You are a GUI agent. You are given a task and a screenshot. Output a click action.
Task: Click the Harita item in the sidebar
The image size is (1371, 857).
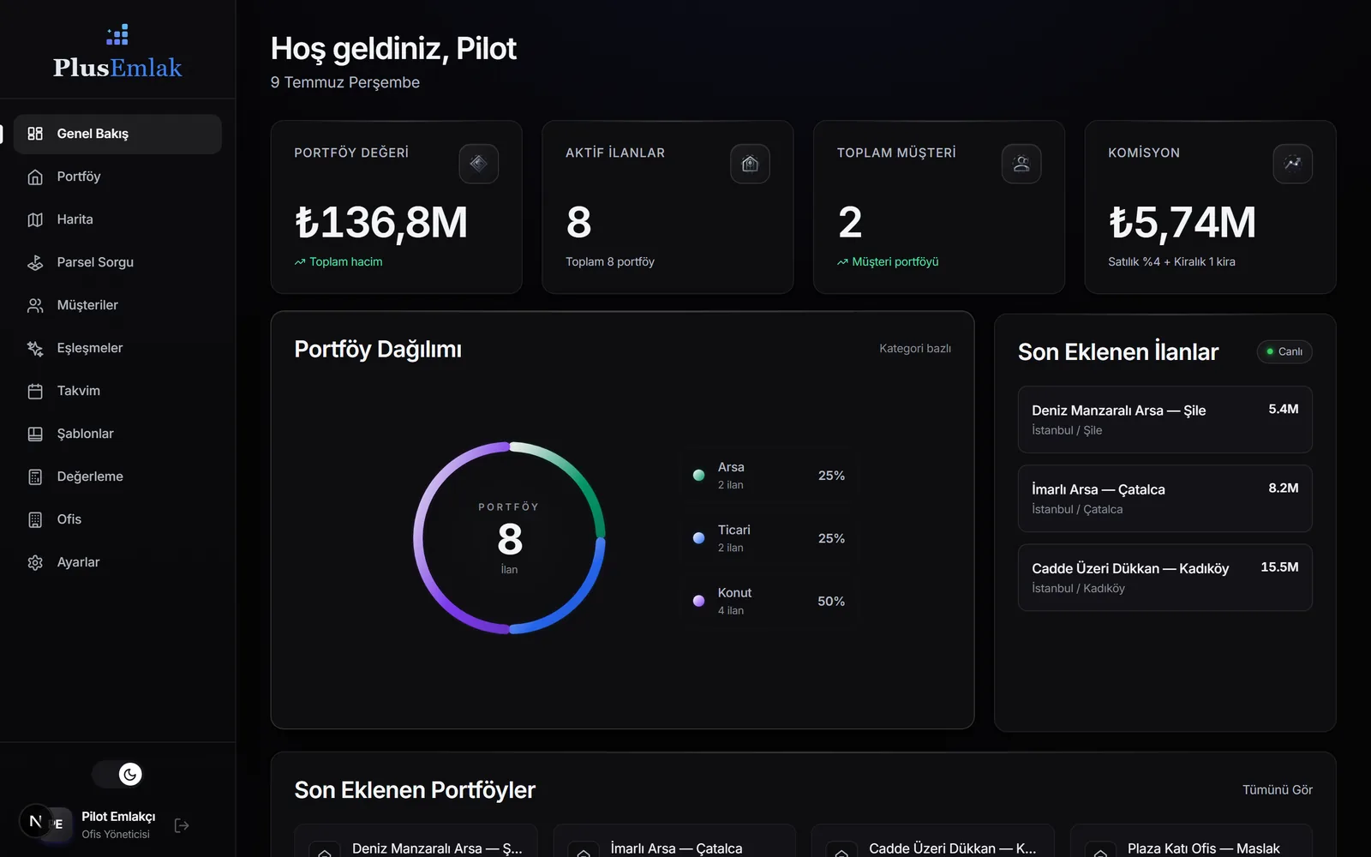(75, 219)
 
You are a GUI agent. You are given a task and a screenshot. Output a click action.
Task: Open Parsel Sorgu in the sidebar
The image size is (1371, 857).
(95, 262)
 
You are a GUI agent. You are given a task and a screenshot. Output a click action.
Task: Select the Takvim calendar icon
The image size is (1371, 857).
(35, 391)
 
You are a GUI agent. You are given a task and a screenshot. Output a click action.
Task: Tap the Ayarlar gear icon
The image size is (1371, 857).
(35, 562)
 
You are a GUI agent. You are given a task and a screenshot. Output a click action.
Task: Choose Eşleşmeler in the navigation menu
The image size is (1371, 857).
(89, 348)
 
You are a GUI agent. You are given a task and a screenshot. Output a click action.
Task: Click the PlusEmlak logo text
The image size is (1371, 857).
(117, 68)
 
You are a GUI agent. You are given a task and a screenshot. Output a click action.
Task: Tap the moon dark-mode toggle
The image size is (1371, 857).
(129, 775)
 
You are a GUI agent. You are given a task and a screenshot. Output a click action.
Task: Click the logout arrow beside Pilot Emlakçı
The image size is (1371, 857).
(182, 825)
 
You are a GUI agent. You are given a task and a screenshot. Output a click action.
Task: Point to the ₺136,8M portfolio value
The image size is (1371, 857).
(381, 222)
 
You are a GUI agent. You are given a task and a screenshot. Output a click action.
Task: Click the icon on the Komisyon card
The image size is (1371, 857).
(1293, 164)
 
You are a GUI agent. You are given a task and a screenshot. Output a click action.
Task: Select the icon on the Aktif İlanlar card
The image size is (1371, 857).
(750, 164)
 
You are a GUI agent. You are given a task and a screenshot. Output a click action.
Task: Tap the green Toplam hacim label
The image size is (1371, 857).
(346, 262)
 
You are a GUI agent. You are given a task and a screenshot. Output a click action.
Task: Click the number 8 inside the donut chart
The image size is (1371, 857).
(510, 539)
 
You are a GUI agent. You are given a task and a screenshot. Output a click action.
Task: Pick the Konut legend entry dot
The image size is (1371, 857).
(698, 601)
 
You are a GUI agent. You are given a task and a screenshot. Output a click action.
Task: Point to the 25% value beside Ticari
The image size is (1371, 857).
(831, 538)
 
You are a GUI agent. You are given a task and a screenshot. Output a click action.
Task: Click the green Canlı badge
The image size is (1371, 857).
(1284, 351)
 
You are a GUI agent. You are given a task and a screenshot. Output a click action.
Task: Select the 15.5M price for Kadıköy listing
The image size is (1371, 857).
(1280, 566)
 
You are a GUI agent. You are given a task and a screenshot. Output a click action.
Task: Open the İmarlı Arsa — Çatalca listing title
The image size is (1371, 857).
(1098, 489)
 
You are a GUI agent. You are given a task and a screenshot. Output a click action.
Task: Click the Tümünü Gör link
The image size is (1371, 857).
(1278, 789)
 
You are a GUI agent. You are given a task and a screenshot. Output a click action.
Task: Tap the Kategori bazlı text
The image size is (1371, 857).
(915, 348)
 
